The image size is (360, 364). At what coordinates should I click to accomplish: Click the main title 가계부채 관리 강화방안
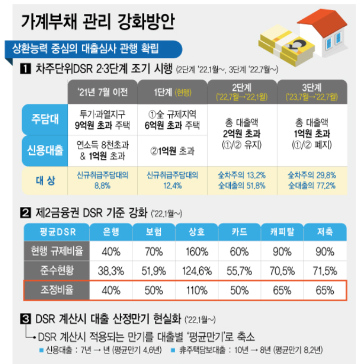[x=96, y=21]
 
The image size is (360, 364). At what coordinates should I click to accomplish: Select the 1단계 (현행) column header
[x=172, y=92]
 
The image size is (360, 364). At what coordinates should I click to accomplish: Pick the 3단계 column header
[x=311, y=91]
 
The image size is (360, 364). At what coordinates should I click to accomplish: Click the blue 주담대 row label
[x=45, y=120]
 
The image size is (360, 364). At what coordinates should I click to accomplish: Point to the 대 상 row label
[x=45, y=180]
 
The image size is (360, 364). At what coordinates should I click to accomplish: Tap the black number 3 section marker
[x=24, y=319]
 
